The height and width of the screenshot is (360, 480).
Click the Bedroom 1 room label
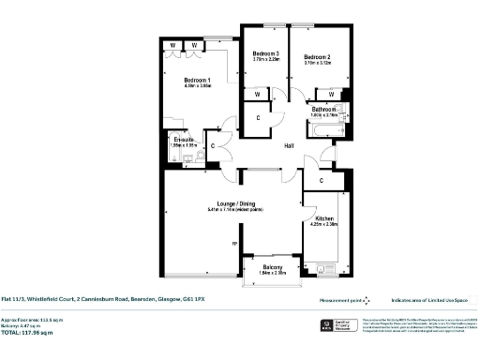pos(197,79)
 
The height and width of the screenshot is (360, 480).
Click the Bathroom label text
pos(323,109)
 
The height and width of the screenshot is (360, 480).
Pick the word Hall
pos(291,145)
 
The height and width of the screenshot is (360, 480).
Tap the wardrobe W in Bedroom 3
pos(257,94)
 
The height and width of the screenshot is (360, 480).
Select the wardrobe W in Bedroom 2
pos(331,94)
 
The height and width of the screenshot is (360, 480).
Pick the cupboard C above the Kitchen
pos(322,179)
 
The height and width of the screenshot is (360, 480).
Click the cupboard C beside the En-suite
pos(214,146)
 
